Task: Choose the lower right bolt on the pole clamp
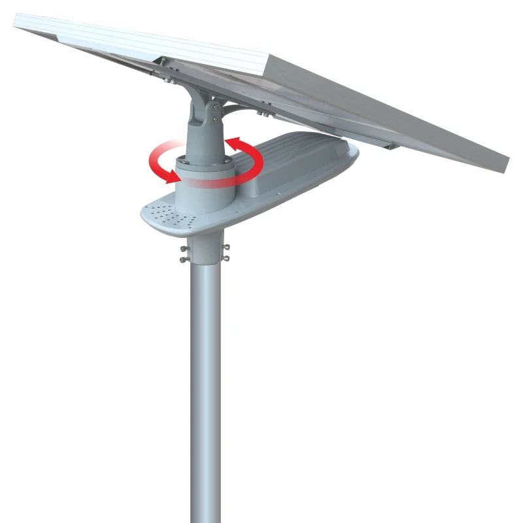click(x=226, y=259)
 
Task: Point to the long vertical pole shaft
click(x=205, y=392)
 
